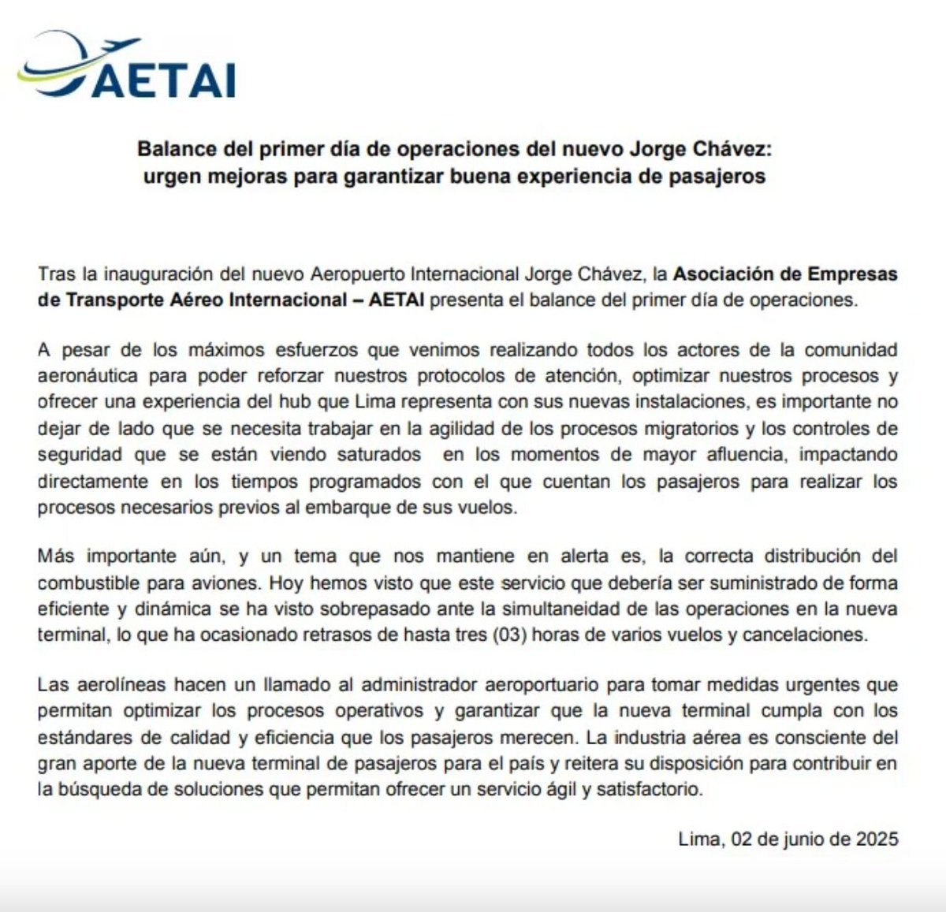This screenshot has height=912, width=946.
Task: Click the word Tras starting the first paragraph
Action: tap(56, 274)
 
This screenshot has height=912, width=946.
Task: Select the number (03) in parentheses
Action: tap(508, 635)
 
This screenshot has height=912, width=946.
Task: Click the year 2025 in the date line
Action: tap(877, 839)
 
